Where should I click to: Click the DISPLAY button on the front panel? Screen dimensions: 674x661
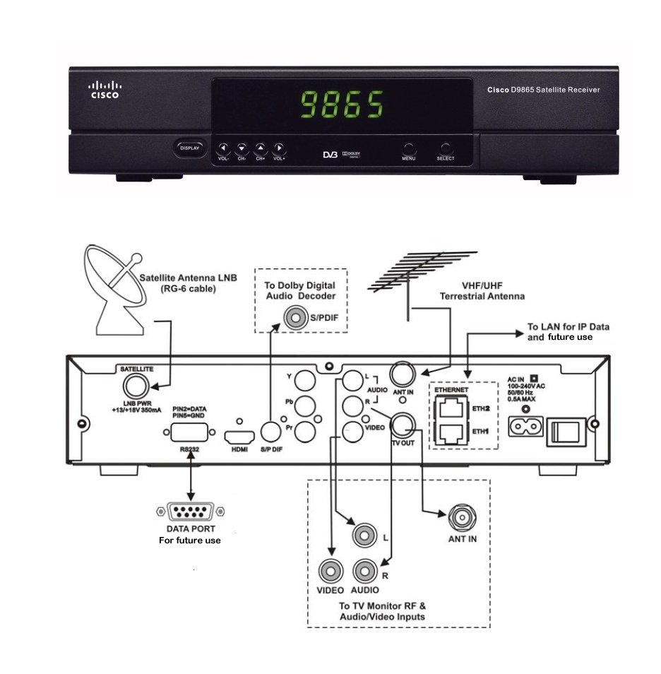(x=189, y=148)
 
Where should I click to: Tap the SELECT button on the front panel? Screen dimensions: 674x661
(x=446, y=149)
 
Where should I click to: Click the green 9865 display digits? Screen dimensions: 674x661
(x=343, y=105)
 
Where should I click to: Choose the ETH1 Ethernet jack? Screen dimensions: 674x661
(x=450, y=432)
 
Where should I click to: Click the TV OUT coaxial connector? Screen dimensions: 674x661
(x=403, y=425)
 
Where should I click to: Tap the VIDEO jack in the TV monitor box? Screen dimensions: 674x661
(x=331, y=570)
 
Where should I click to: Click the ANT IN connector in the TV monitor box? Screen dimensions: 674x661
(x=462, y=516)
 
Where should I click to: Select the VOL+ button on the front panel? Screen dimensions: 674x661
(x=280, y=148)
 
